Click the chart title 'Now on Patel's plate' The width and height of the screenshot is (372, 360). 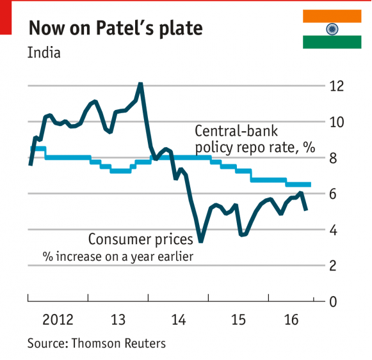115,29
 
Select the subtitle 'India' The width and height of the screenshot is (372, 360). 44,52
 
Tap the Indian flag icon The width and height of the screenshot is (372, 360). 332,29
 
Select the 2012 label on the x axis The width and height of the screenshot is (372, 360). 58,319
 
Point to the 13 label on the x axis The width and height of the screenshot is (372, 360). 118,319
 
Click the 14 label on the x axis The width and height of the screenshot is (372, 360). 179,319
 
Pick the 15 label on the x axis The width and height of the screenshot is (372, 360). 239,319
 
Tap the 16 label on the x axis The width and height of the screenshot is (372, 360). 291,319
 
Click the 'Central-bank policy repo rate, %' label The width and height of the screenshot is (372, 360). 255,139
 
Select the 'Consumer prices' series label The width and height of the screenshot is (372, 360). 140,240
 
